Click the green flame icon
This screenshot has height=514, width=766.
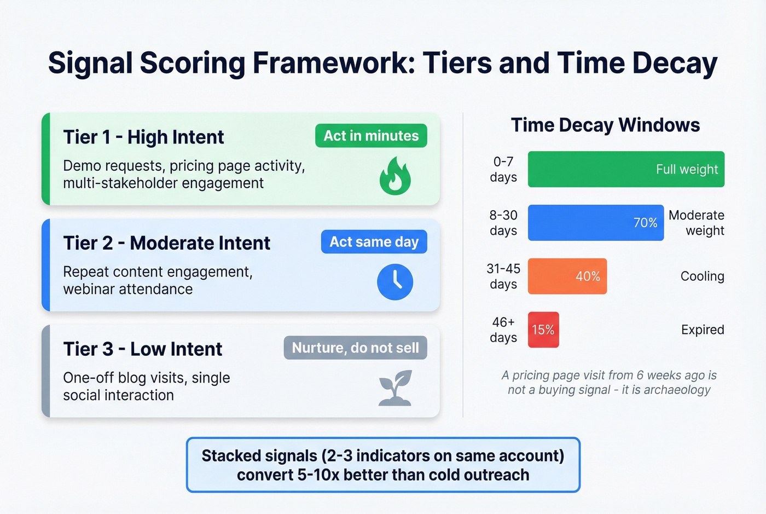coord(395,177)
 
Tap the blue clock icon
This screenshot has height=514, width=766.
coord(395,282)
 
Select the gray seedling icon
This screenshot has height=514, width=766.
coord(395,388)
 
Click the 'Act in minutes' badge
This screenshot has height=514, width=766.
coord(371,136)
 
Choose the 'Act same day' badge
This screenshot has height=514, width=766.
coord(374,241)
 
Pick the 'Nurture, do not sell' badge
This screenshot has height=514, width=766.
coord(355,348)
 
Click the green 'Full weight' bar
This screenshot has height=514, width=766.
coord(626,169)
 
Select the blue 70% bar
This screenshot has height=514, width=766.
coord(596,222)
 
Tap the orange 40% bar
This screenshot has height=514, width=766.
coord(567,276)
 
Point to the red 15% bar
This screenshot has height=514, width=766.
coord(543,330)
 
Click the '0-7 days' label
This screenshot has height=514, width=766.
coord(503,169)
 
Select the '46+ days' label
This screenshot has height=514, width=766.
coord(503,330)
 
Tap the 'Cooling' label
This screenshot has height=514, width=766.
coord(703,276)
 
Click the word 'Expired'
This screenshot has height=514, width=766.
coord(703,330)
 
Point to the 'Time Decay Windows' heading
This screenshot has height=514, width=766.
coord(606,125)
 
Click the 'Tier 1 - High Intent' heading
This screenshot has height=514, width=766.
coord(143,137)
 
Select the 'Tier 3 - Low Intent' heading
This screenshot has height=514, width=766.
coord(143,349)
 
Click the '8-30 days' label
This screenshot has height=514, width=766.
coord(503,223)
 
